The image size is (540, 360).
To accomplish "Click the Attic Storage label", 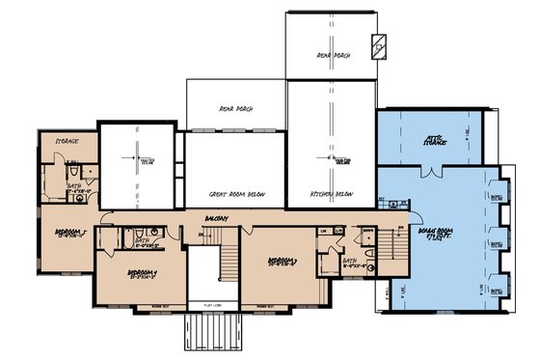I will (x=435, y=141).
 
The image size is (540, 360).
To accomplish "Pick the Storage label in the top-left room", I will (x=66, y=141).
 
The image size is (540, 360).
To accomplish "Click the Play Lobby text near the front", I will (x=214, y=307).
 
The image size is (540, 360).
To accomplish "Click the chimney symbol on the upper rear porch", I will (x=381, y=45).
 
